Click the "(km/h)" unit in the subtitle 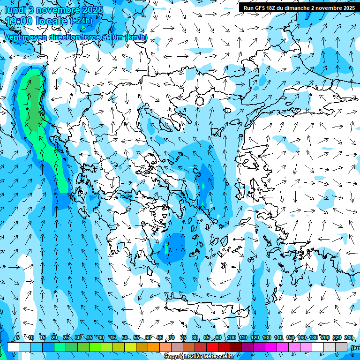[x=136, y=37]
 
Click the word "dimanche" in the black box [x=294, y=8]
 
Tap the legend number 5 [x=18, y=338]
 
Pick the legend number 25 [x=66, y=338]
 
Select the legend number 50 [x=125, y=338]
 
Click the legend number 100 [x=231, y=338]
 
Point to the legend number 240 [x=349, y=338]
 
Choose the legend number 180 [x=314, y=338]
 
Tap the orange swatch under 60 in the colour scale [x=154, y=347]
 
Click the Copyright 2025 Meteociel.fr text [x=199, y=357]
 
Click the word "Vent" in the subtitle [x=14, y=37]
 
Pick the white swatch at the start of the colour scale [x=13, y=347]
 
